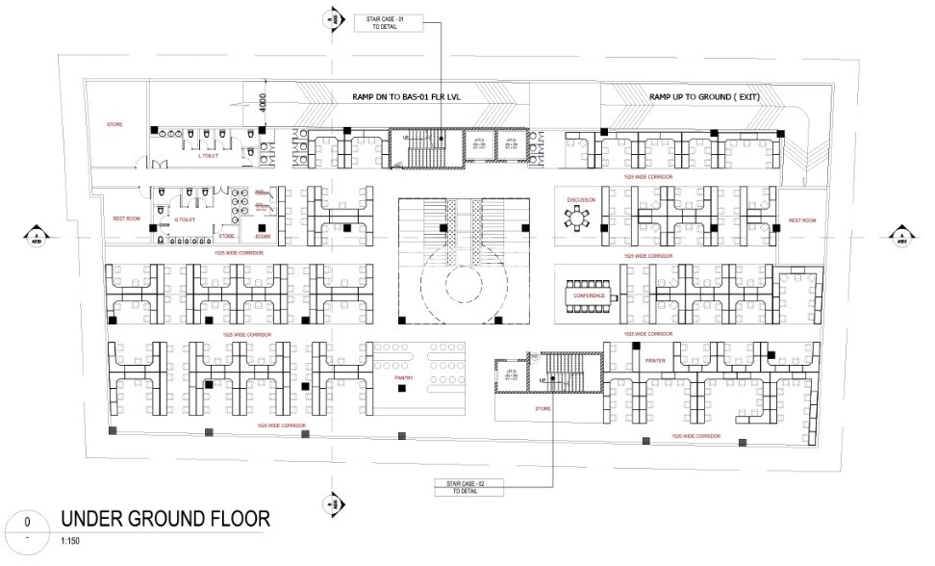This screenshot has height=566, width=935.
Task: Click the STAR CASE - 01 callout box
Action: coord(389,23)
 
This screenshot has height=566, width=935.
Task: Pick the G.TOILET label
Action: coord(185,220)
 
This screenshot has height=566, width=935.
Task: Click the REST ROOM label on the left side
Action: coord(127,219)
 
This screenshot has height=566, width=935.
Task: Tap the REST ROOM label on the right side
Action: coord(801,220)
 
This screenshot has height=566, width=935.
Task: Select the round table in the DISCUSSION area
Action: coord(578,220)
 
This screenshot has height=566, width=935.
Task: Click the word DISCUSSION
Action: coord(581,200)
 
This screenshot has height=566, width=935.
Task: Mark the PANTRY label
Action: coord(404,378)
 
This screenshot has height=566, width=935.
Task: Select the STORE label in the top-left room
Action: coord(114,124)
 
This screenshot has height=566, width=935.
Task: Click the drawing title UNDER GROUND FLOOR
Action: coord(165,519)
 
